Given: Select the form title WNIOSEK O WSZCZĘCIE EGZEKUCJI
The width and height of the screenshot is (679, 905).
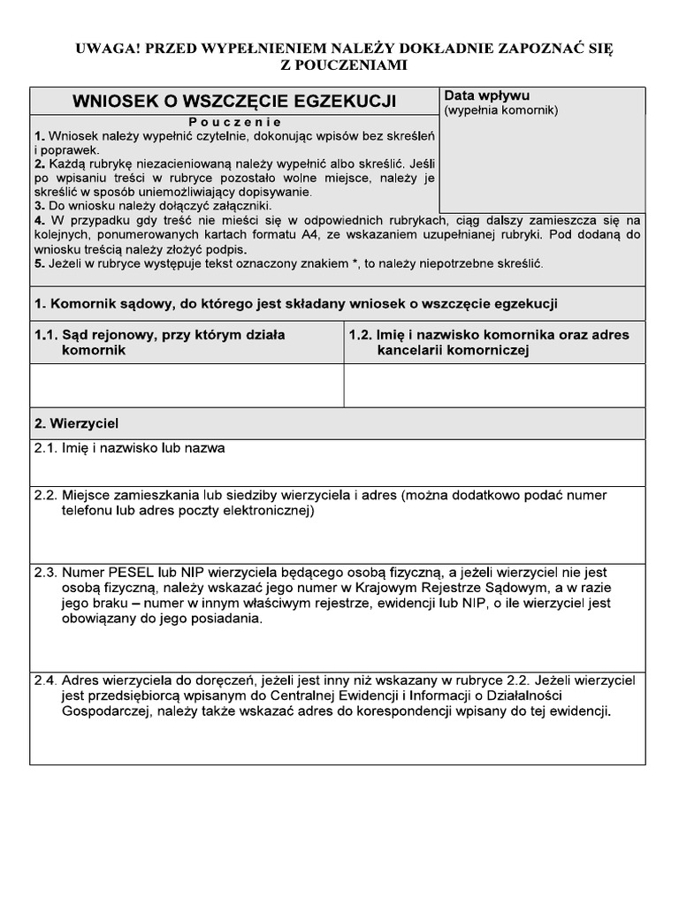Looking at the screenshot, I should tap(234, 102).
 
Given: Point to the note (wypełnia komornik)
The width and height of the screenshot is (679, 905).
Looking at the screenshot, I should tap(500, 110).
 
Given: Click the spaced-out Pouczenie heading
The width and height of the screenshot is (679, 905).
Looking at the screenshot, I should tap(234, 122).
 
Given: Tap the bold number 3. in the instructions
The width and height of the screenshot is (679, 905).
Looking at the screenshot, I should tap(39, 205).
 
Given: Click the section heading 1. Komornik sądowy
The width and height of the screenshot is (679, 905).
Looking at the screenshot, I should tap(295, 304).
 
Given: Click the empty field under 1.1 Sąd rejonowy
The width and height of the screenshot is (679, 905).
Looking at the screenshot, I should tap(187, 384).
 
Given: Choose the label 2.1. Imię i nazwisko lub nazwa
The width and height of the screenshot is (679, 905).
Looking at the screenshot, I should tap(130, 448).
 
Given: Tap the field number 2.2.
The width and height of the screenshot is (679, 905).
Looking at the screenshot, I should tap(46, 495).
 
